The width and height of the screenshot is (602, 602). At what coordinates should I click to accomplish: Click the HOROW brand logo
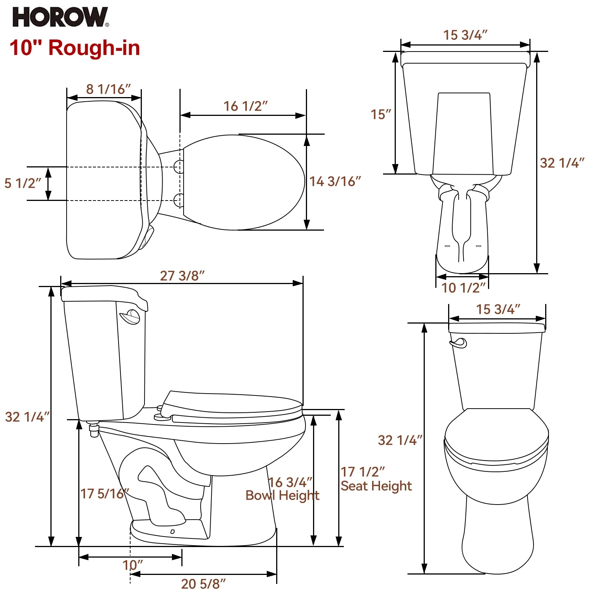click(x=60, y=17)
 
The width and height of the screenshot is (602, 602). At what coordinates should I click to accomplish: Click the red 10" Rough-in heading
click(x=75, y=48)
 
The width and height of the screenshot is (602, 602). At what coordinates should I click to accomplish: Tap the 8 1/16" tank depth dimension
click(x=108, y=89)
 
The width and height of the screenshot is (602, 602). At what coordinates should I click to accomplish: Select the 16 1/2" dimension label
click(x=245, y=106)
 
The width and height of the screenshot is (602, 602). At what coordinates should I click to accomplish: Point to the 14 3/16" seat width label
click(x=335, y=181)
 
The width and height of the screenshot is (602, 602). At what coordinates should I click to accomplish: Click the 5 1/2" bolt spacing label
click(x=23, y=183)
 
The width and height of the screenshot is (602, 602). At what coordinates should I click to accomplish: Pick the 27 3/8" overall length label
click(x=182, y=275)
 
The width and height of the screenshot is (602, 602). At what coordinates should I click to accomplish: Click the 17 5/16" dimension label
click(x=104, y=494)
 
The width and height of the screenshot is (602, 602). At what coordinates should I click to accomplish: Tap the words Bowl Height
click(x=282, y=496)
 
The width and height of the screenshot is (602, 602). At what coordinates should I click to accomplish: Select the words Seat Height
click(x=376, y=486)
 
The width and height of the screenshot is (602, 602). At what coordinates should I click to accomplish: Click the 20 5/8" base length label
click(x=203, y=584)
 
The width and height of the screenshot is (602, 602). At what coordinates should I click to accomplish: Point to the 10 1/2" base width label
click(x=463, y=288)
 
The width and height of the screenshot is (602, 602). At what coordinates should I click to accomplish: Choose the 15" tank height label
click(x=381, y=114)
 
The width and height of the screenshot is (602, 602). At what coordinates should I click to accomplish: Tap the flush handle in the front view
click(x=459, y=343)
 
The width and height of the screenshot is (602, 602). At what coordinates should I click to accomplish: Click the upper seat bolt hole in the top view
click(x=179, y=166)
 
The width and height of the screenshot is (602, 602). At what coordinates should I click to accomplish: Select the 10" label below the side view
click(x=132, y=565)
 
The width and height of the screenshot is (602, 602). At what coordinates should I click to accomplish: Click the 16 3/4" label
click(x=290, y=482)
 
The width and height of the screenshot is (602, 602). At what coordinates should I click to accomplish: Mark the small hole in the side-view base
click(x=172, y=532)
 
